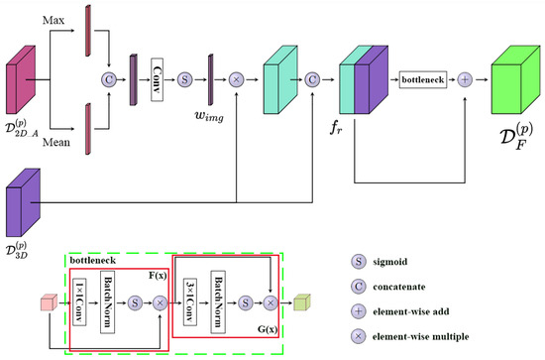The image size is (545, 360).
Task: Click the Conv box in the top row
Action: (x=157, y=77)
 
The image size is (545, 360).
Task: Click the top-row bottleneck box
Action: (x=426, y=77)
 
